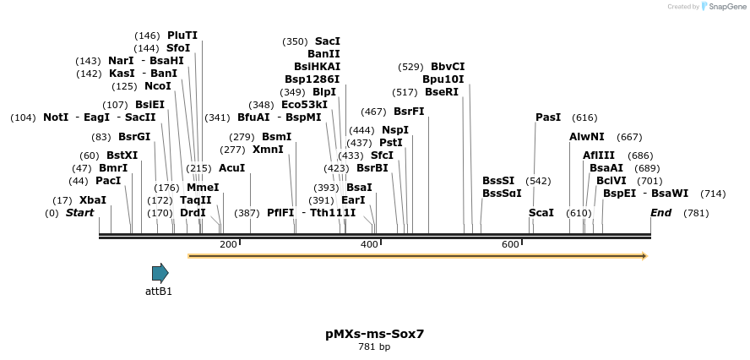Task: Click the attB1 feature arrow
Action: pyautogui.click(x=160, y=272)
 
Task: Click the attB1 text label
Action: pyautogui.click(x=159, y=292)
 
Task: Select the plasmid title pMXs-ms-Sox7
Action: pyautogui.click(x=374, y=334)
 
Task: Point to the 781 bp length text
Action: pyautogui.click(x=374, y=346)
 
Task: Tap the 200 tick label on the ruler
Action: pyautogui.click(x=228, y=244)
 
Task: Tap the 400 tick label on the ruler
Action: pyautogui.click(x=369, y=244)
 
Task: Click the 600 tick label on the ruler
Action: pyautogui.click(x=510, y=244)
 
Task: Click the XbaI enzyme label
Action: pyautogui.click(x=93, y=200)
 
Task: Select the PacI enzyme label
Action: pyautogui.click(x=108, y=181)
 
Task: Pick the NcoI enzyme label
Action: pyautogui.click(x=158, y=86)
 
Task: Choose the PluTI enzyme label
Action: pyautogui.click(x=182, y=35)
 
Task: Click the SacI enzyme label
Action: pyautogui.click(x=328, y=41)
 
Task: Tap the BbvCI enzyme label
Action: pyautogui.click(x=448, y=67)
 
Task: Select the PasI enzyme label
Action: pyautogui.click(x=548, y=117)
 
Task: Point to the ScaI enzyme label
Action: pyautogui.click(x=541, y=213)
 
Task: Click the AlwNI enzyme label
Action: pyautogui.click(x=587, y=137)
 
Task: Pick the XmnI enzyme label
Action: pyautogui.click(x=269, y=150)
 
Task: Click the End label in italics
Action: pyautogui.click(x=661, y=213)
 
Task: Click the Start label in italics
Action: pyautogui.click(x=80, y=213)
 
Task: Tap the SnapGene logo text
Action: pyautogui.click(x=726, y=7)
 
